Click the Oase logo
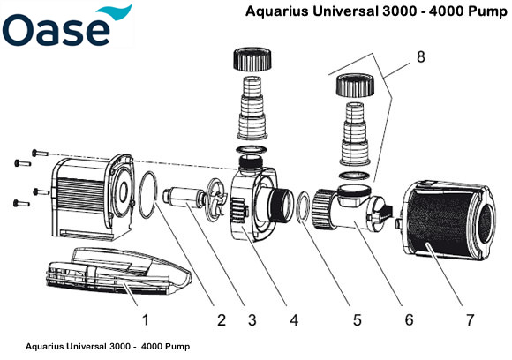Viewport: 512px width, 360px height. pos(66,28)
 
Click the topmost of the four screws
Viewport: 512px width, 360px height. pos(36,151)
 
